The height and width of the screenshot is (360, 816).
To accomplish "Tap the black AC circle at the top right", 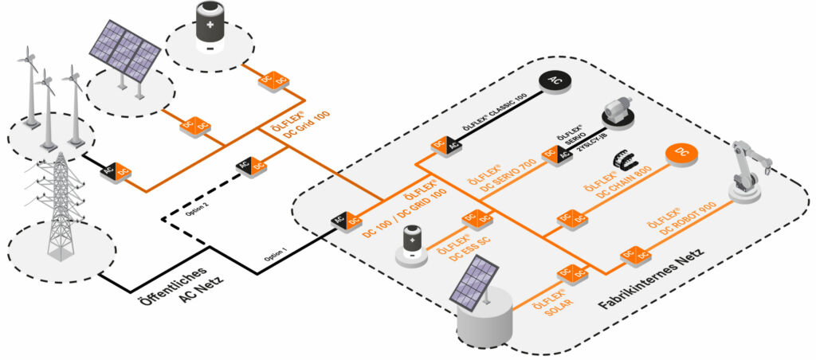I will pyautogui.click(x=554, y=83).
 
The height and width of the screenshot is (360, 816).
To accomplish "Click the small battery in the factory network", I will pyautogui.click(x=412, y=242).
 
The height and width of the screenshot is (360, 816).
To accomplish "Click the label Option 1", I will pyautogui.click(x=275, y=256).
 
